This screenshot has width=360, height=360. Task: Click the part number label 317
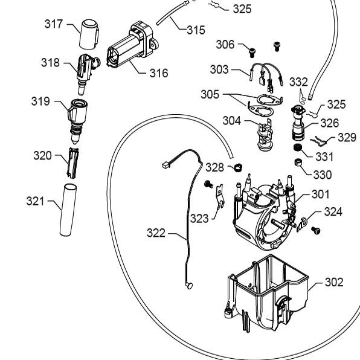[54, 24]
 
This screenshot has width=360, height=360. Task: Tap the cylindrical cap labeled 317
[89, 34]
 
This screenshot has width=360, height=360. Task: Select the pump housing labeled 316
[132, 45]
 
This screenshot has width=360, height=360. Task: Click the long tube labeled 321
[68, 210]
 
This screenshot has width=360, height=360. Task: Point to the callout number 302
[334, 282]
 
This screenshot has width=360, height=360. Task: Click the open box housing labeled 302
[266, 294]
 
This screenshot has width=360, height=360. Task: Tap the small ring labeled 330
[298, 162]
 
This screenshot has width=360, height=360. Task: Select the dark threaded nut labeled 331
[298, 147]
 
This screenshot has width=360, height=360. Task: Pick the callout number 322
[156, 233]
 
